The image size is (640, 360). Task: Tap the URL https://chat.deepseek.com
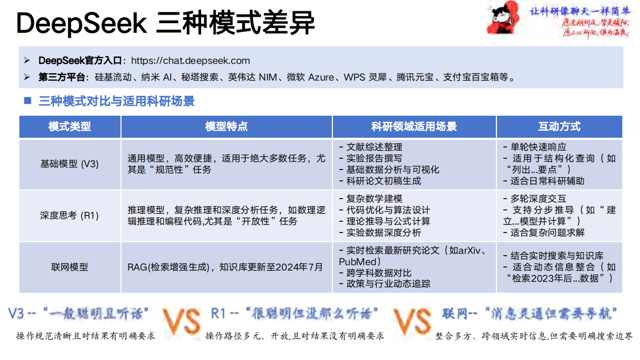tap(190, 61)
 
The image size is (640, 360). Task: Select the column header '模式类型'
tap(70, 127)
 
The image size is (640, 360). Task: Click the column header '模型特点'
tap(226, 127)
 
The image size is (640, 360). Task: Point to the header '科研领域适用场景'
tap(414, 127)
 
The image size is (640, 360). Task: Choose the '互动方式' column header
tap(559, 127)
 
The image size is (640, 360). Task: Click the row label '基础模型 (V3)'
tap(70, 164)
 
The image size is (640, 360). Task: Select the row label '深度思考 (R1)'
tap(70, 215)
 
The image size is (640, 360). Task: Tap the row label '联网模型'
tap(70, 267)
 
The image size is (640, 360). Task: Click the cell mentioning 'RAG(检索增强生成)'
tap(225, 267)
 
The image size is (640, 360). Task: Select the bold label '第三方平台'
tap(62, 77)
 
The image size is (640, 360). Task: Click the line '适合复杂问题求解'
tap(546, 232)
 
